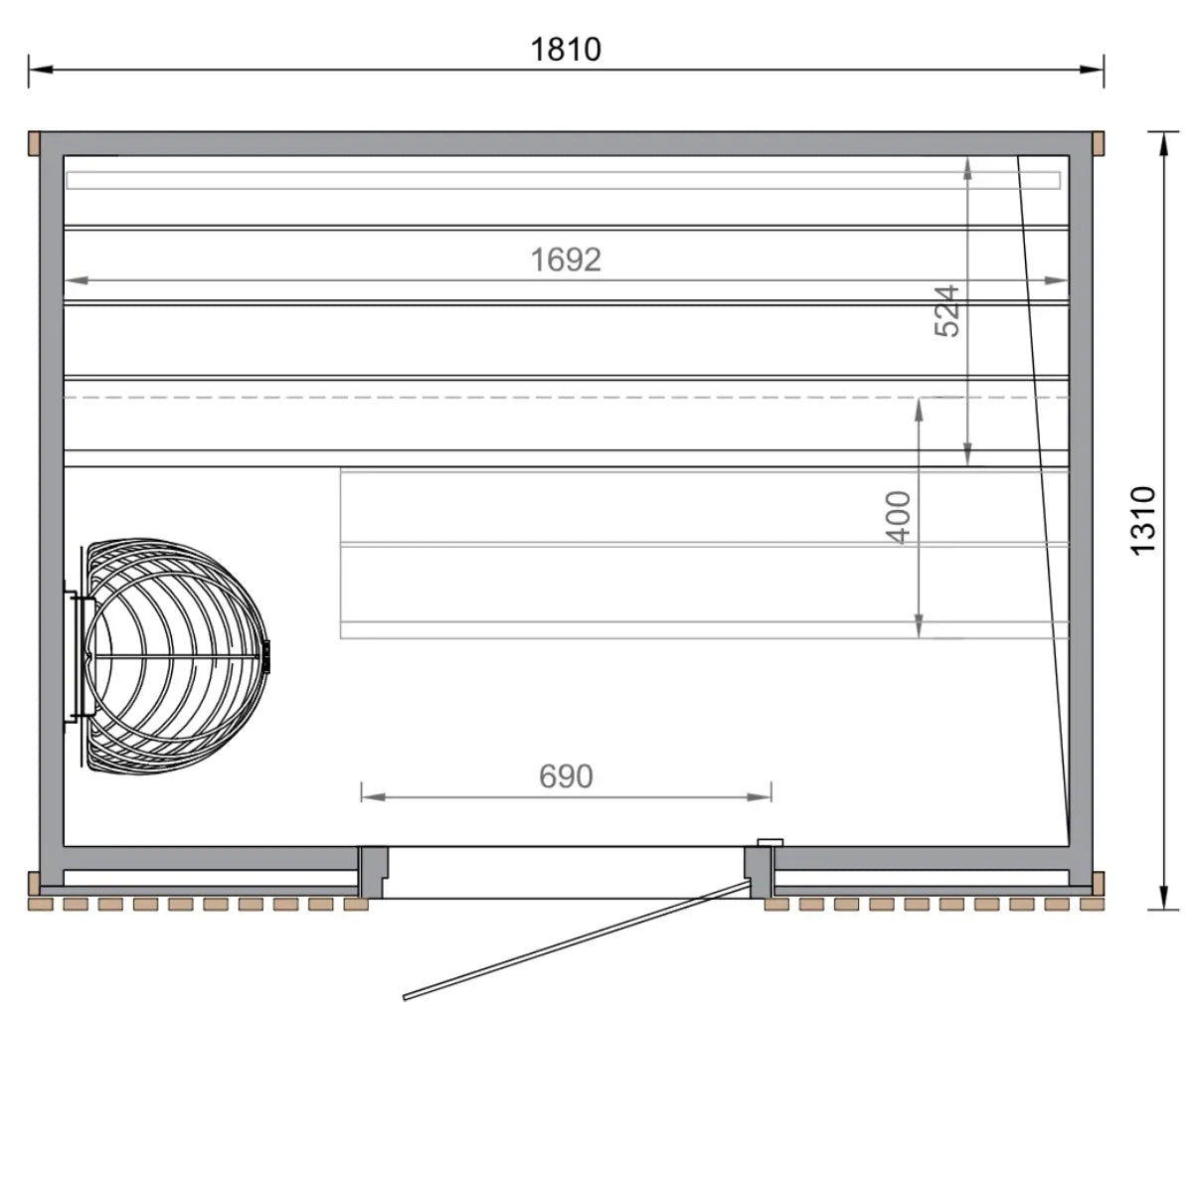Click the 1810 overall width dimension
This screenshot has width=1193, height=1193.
click(565, 49)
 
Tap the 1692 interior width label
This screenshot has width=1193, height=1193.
click(565, 259)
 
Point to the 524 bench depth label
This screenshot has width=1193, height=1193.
click(947, 310)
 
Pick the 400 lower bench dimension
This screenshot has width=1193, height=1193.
click(898, 517)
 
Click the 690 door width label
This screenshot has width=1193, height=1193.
click(566, 775)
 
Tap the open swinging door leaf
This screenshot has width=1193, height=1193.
click(577, 938)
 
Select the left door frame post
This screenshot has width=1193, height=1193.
click(373, 871)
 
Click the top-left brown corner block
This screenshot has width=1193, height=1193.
click(33, 144)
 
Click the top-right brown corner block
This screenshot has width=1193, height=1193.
click(1099, 144)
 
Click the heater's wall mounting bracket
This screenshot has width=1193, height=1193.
click(76, 657)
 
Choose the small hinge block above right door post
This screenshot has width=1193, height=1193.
click(769, 842)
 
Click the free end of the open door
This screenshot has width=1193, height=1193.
click(406, 996)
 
